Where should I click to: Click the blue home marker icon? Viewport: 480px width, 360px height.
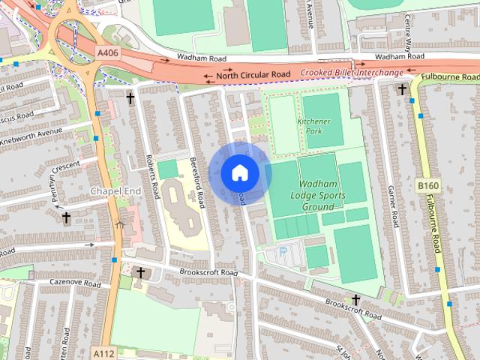tap(239, 172)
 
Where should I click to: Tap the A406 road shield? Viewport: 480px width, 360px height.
tap(107, 53)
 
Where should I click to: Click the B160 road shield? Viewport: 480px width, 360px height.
tap(428, 185)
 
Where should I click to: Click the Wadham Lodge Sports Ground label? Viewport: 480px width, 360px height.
tap(327, 195)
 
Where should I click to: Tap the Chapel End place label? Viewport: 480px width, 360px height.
tap(115, 191)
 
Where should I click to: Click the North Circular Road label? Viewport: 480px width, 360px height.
tap(253, 76)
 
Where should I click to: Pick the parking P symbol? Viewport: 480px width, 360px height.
tap(283, 253)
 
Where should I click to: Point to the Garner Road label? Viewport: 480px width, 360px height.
tap(392, 207)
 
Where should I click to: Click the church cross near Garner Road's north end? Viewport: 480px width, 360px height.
tap(402, 90)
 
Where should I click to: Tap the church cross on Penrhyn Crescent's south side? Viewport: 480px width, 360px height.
tap(66, 218)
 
